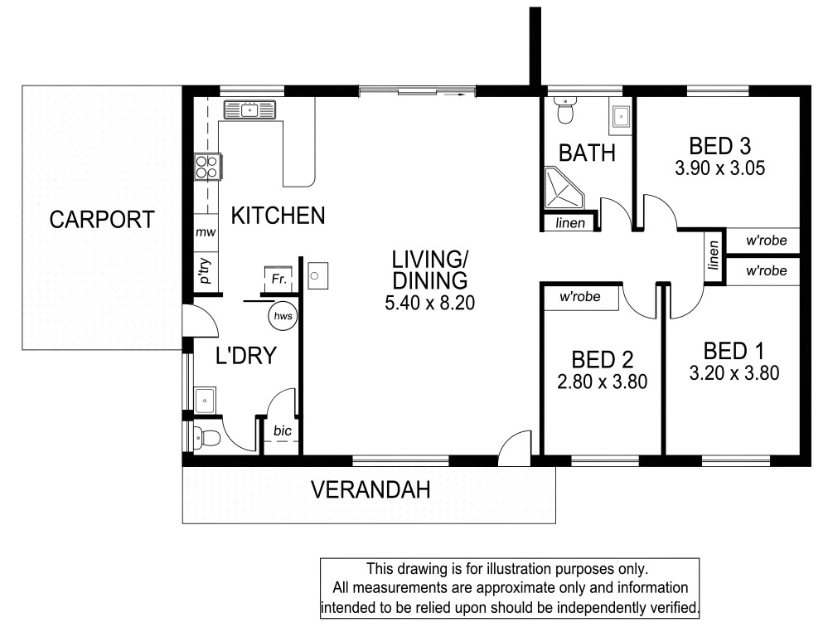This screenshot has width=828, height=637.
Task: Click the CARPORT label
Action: tap(102, 219)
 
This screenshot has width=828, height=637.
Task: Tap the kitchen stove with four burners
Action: tap(207, 167)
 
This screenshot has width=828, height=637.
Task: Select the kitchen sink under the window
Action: tap(249, 110)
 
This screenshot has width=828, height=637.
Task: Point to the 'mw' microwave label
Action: tap(206, 232)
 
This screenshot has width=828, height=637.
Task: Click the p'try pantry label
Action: tap(205, 270)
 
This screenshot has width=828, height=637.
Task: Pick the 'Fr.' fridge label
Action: tap(278, 279)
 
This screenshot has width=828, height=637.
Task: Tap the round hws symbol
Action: tap(283, 316)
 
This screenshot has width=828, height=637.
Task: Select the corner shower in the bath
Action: tap(564, 188)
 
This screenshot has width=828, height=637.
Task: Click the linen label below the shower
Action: tap(570, 223)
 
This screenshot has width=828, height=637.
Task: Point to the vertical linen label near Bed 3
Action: tap(714, 255)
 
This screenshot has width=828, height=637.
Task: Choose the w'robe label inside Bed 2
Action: tap(580, 297)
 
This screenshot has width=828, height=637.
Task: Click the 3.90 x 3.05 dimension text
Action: tap(719, 168)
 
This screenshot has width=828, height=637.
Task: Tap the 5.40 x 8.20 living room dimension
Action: tap(430, 303)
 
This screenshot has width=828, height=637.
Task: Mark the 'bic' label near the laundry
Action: tap(283, 430)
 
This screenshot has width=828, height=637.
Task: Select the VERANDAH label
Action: tap(370, 489)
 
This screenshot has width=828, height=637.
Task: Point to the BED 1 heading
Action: tap(734, 351)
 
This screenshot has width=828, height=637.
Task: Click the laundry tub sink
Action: tap(205, 401)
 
